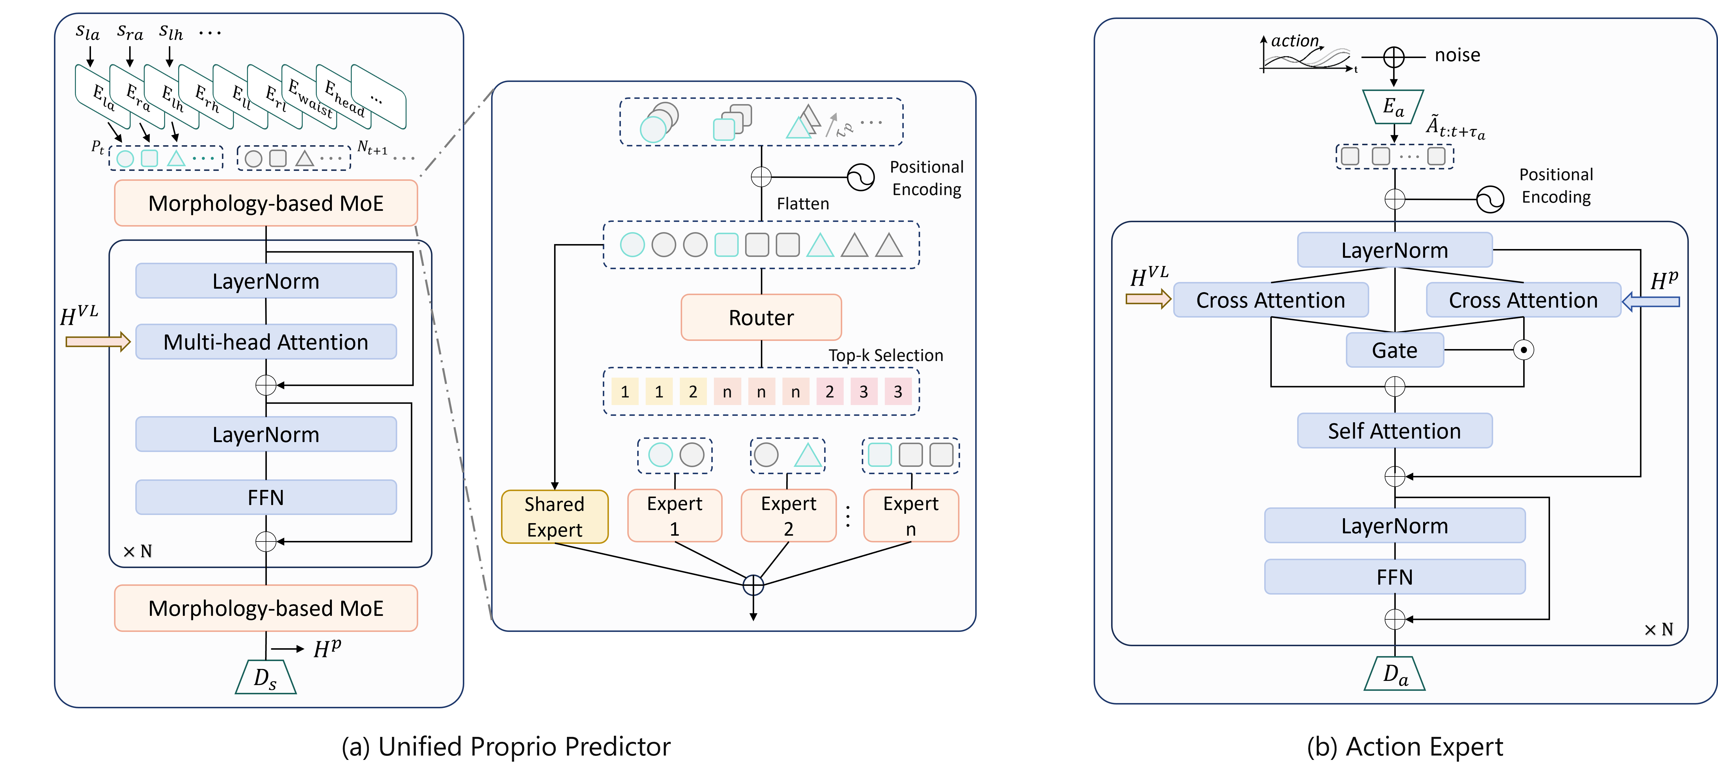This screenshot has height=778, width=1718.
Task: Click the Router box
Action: [761, 317]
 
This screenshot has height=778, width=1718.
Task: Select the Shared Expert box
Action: [554, 517]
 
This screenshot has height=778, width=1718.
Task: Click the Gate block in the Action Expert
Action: [1395, 350]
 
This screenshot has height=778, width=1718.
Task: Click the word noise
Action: [1457, 55]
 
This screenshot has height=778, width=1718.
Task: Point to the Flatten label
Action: [803, 204]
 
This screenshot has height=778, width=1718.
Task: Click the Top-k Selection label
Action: [886, 355]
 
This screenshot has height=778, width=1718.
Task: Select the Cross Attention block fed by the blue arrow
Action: [1523, 300]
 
